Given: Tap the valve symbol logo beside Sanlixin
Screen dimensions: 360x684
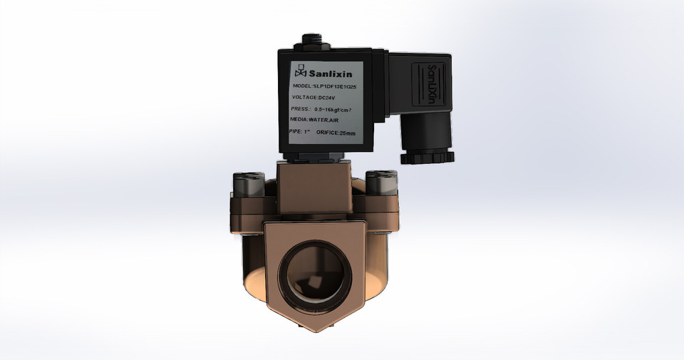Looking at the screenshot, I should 300,71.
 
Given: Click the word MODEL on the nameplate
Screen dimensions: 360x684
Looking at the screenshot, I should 302,86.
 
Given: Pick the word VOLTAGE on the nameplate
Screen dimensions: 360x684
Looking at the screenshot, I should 305,98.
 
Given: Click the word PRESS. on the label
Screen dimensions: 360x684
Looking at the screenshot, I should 300,110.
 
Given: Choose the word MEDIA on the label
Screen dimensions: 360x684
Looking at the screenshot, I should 301,121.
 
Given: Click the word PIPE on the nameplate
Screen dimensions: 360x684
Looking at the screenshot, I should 296,133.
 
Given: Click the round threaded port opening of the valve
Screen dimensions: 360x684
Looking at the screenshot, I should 314,274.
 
